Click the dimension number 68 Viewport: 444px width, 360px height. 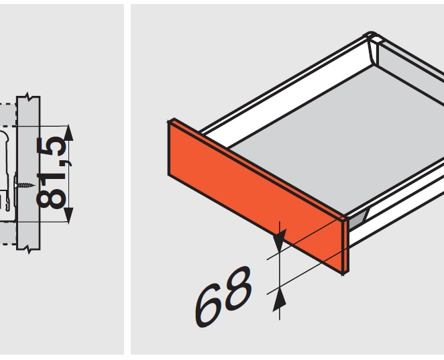pyautogui.click(x=224, y=296)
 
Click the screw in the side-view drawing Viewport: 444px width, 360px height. pyautogui.click(x=25, y=186)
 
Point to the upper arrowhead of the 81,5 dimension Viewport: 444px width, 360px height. pyautogui.click(x=68, y=133)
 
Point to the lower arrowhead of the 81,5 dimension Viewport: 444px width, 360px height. pyautogui.click(x=68, y=215)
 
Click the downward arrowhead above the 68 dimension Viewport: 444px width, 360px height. pyautogui.click(x=280, y=240)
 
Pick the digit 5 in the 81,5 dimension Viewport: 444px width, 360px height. pyautogui.click(x=52, y=146)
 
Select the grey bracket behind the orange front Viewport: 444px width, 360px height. pyautogui.click(x=358, y=219)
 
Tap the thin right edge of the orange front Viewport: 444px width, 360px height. pyautogui.click(x=345, y=246)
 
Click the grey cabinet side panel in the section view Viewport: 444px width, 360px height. pyautogui.click(x=27, y=173)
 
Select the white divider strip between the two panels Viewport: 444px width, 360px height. pyautogui.click(x=127, y=180)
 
